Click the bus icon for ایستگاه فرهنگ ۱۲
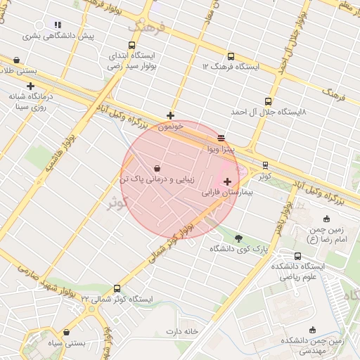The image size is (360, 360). pyautogui.click(x=231, y=56)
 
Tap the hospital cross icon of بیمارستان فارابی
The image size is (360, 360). pyautogui.click(x=226, y=181)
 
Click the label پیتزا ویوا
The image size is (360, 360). pyautogui.click(x=215, y=150)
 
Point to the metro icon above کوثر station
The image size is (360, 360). pyautogui.click(x=264, y=165)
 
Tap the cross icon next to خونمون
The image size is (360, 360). pyautogui.click(x=170, y=115)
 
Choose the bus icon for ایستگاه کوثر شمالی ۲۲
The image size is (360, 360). pyautogui.click(x=117, y=288)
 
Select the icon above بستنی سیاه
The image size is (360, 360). pyautogui.click(x=66, y=333)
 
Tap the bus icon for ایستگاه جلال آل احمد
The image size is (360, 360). pyautogui.click(x=267, y=101)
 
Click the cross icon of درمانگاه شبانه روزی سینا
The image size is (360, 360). pyautogui.click(x=30, y=86)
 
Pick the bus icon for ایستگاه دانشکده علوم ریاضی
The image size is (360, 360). pyautogui.click(x=297, y=256)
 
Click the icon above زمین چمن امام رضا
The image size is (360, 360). pyautogui.click(x=328, y=219)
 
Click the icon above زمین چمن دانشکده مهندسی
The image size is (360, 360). pyautogui.click(x=313, y=330)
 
